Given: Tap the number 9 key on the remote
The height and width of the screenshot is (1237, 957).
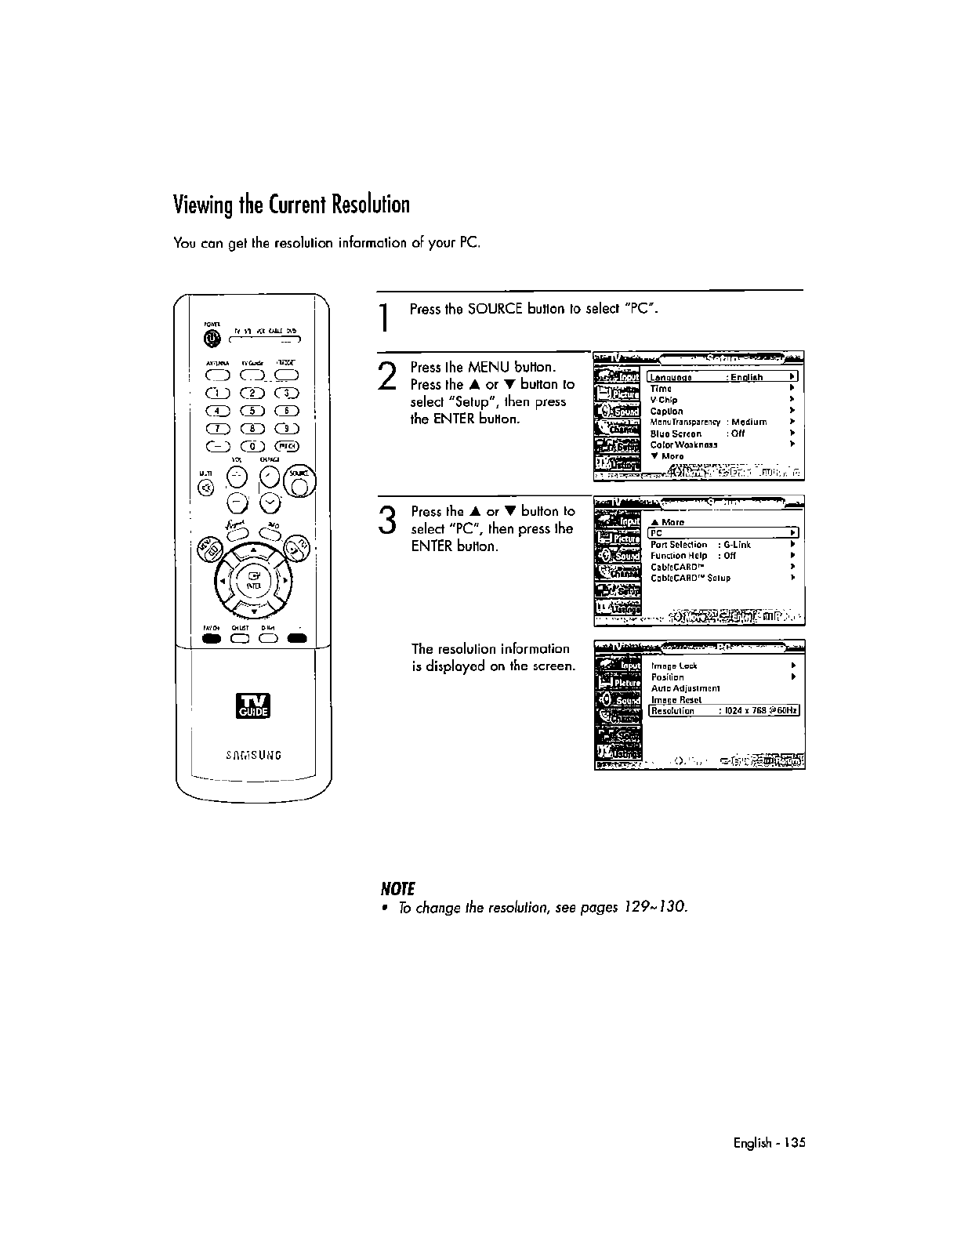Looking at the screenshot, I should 290,428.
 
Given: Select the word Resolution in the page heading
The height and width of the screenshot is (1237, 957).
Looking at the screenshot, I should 370,205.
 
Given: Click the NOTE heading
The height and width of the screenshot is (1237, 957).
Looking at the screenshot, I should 396,888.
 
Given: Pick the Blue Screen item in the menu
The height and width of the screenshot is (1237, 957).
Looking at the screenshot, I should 676,433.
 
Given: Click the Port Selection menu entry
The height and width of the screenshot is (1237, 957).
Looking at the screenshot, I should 679,545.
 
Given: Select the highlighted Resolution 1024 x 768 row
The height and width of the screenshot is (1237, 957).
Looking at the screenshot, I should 723,711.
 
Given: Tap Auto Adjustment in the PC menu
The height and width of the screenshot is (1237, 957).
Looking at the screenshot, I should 685,688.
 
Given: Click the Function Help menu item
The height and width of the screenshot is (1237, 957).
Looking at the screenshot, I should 679,556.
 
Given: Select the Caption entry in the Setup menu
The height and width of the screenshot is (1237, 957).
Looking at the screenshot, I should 666,412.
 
